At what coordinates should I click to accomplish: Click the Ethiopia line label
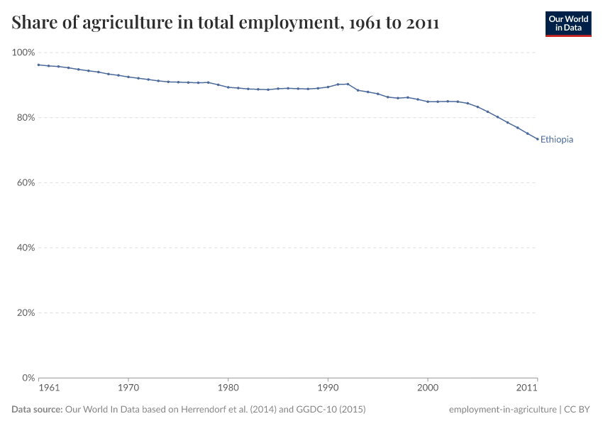(x=556, y=140)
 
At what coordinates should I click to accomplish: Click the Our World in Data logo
(x=568, y=24)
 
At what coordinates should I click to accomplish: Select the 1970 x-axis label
(x=128, y=388)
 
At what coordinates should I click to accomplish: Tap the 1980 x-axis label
(x=228, y=388)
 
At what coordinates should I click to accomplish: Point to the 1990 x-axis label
(x=327, y=388)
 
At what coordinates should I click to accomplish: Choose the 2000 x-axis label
(x=427, y=388)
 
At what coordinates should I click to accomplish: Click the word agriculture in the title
(x=123, y=23)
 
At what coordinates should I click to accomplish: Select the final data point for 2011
(x=537, y=139)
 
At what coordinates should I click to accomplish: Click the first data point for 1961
(x=38, y=65)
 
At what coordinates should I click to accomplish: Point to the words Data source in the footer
(x=37, y=410)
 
